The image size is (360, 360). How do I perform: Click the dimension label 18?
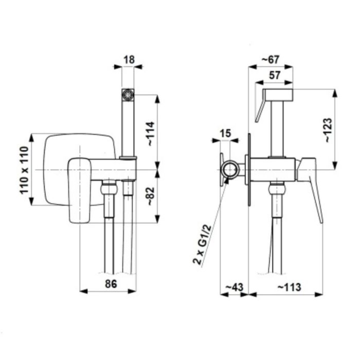[x=129, y=60]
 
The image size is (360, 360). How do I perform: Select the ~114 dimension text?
[x=151, y=134]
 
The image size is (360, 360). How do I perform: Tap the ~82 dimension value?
[x=151, y=196]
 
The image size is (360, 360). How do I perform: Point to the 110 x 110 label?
[x=24, y=170]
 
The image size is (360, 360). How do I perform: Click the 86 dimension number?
[x=111, y=284]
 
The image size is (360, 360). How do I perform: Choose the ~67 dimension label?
[x=271, y=60]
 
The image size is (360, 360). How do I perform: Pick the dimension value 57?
[x=274, y=75]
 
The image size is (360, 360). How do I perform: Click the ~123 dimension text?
[x=329, y=130]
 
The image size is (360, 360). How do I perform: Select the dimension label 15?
[x=225, y=133]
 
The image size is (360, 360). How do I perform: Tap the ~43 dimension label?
[x=234, y=287]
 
